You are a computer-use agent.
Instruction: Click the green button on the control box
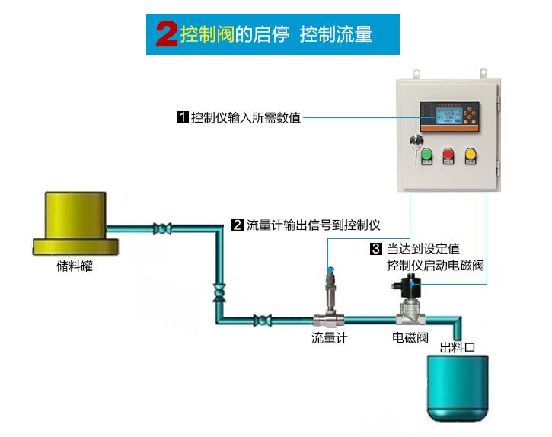tap(426, 155)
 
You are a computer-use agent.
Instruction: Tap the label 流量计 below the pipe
tap(329, 337)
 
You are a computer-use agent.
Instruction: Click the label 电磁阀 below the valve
tap(410, 337)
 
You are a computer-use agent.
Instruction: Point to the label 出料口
tap(458, 347)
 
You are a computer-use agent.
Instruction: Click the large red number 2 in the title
tap(167, 34)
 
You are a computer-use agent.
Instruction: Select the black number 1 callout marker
tap(182, 118)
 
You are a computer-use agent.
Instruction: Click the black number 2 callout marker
tap(238, 225)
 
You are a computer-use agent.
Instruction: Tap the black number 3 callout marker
tap(375, 249)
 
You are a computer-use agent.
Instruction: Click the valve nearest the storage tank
tap(161, 228)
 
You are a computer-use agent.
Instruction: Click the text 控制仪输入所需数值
tap(245, 118)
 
